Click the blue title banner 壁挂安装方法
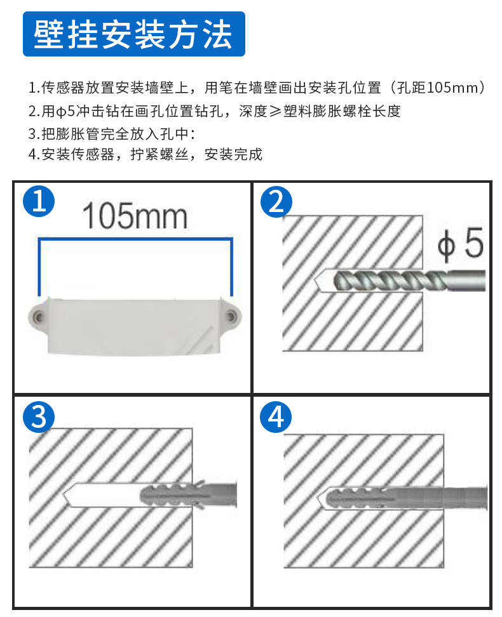pyautogui.click(x=134, y=34)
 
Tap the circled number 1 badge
pyautogui.click(x=39, y=201)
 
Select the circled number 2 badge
pyautogui.click(x=276, y=202)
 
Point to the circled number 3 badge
pyautogui.click(x=39, y=416)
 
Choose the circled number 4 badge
pyautogui.click(x=276, y=417)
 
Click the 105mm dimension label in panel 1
pyautogui.click(x=135, y=216)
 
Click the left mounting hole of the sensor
pyautogui.click(x=38, y=316)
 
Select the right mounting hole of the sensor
pyautogui.click(x=231, y=316)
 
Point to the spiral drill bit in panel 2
pyautogui.click(x=391, y=281)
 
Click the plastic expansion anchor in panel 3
pyautogui.click(x=188, y=495)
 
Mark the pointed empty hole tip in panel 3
pyautogui.click(x=64, y=495)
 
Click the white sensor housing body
pyautogui.click(x=134, y=326)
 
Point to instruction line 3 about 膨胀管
pyautogui.click(x=111, y=134)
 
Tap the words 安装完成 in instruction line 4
pyautogui.click(x=233, y=154)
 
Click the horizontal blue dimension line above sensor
pyautogui.click(x=135, y=239)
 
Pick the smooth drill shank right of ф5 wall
pyautogui.click(x=466, y=281)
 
